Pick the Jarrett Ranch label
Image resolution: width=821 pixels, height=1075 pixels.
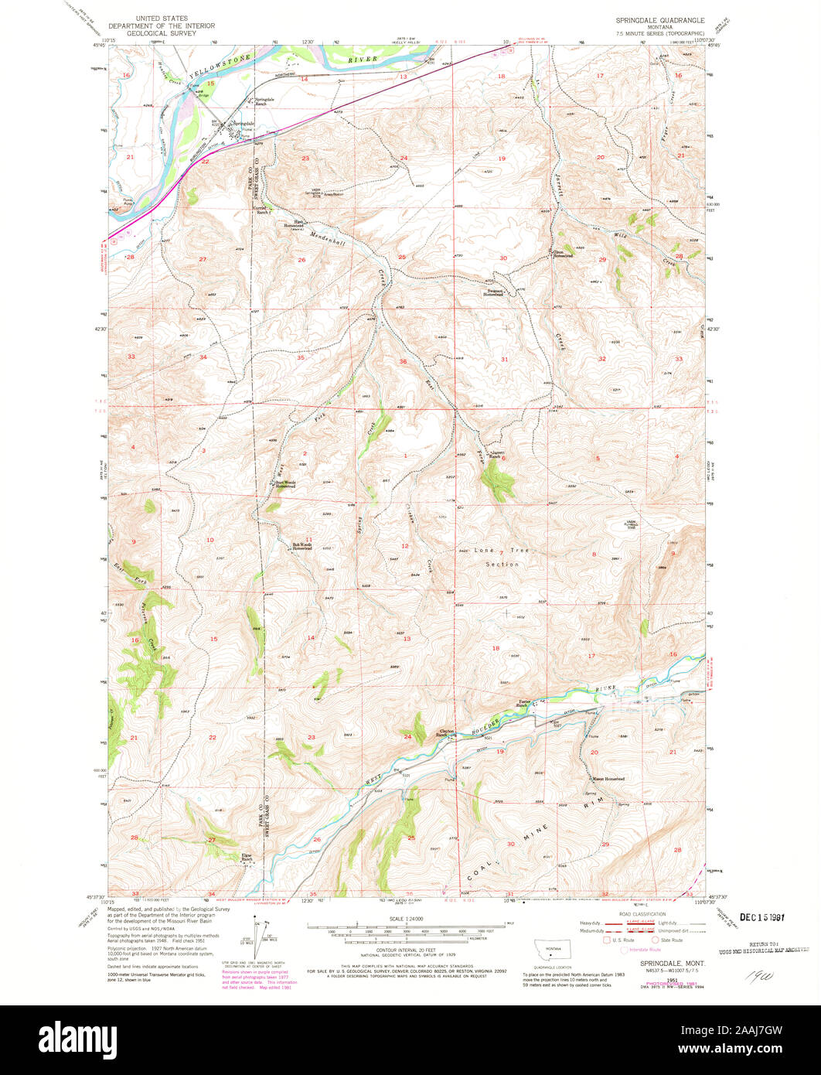[x=496, y=455]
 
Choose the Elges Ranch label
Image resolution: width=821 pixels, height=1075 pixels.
[x=247, y=858]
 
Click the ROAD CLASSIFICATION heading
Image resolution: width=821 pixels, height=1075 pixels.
[x=632, y=913]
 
